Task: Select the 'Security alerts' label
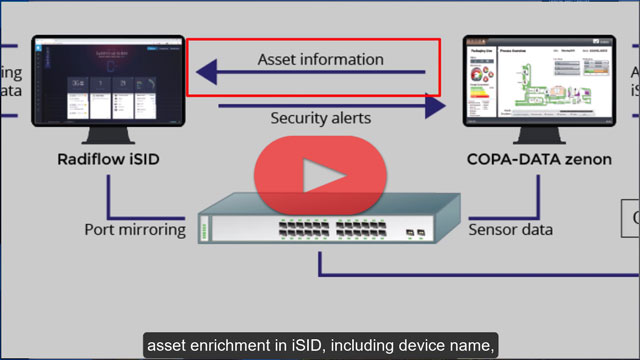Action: pos(320,118)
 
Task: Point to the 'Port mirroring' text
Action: pos(135,229)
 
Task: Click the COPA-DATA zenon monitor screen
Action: pos(531,80)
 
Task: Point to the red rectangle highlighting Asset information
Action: pos(314,42)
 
